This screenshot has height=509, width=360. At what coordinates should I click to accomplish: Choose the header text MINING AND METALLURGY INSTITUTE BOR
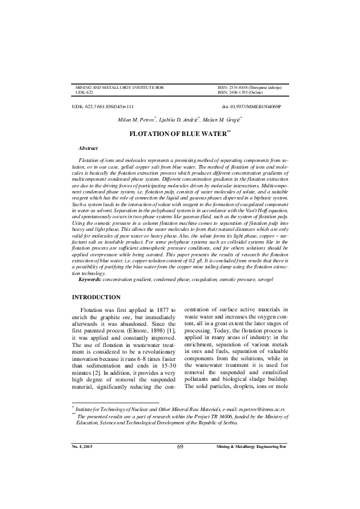coord(119,88)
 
